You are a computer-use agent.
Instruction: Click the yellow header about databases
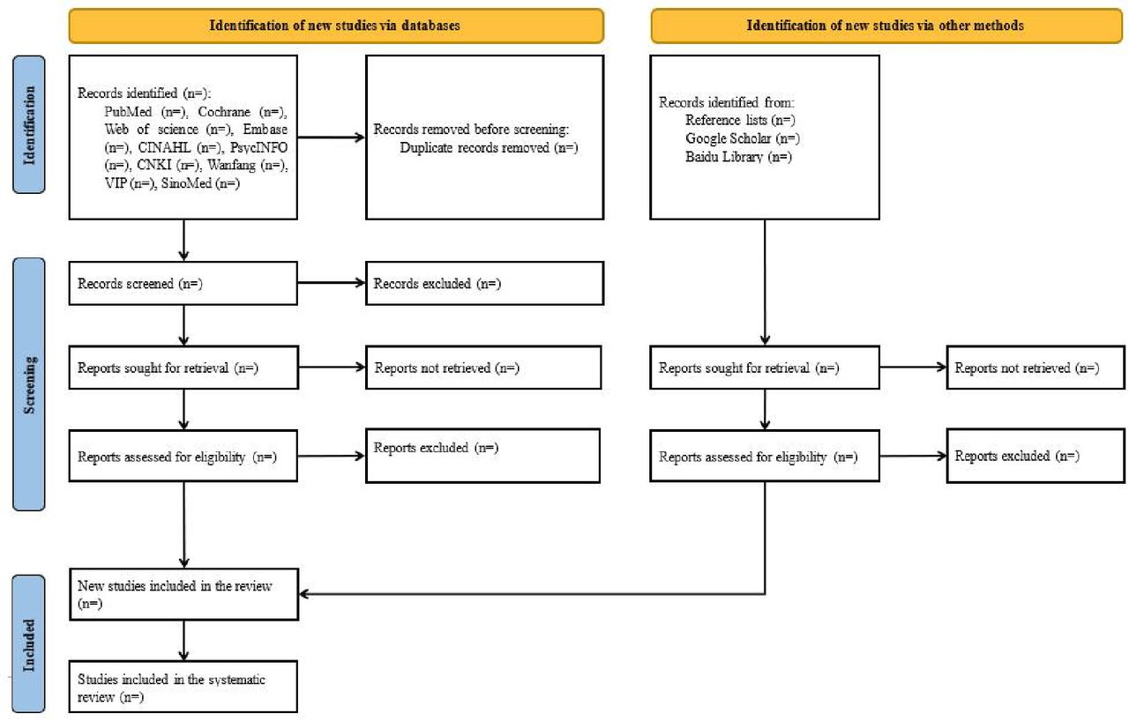pos(336,26)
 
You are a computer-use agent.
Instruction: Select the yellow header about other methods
pos(886,26)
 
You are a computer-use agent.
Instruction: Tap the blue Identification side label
pos(29,124)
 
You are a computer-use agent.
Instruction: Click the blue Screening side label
pos(29,384)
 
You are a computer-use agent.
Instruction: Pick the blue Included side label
pos(29,644)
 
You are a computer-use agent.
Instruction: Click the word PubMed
pos(128,112)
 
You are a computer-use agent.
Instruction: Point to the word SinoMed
pos(186,183)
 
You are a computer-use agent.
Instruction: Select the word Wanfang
pos(231,165)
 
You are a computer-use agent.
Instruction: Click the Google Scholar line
pos(743,138)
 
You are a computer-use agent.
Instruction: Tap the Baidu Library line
pos(738,157)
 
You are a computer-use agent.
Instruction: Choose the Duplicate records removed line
pos(489,148)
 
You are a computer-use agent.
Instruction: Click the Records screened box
pos(183,283)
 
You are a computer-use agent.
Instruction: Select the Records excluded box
pos(485,283)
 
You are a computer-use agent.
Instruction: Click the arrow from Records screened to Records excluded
pos(332,282)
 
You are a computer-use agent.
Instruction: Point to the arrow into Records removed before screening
pos(331,137)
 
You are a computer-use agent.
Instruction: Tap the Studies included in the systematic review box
pos(183,687)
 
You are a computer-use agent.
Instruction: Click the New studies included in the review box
pos(184,594)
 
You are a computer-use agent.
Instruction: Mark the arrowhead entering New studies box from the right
pos(303,594)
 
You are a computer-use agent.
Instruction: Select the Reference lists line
pos(740,121)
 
